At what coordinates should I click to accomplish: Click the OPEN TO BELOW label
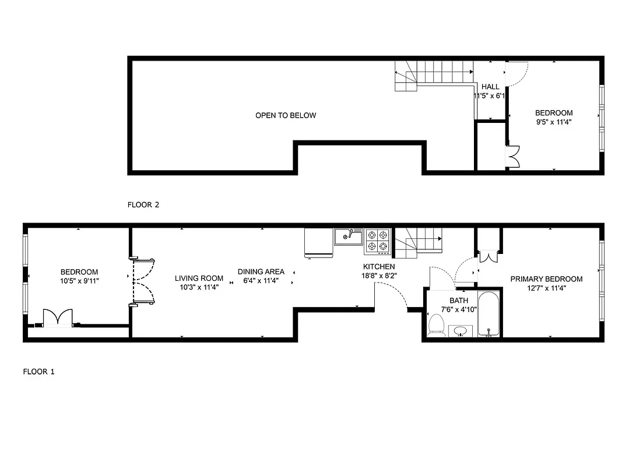point(286,115)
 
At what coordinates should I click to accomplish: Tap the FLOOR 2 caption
point(143,204)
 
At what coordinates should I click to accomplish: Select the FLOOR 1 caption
point(38,371)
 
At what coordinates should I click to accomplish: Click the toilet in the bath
point(435,325)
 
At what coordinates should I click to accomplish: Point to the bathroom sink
point(461,331)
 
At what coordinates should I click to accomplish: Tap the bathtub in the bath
point(488,315)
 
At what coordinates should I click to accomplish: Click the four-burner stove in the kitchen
point(377,241)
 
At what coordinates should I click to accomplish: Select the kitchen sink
point(349,236)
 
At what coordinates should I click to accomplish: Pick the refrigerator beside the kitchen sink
point(318,242)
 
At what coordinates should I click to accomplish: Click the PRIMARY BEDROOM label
point(546,279)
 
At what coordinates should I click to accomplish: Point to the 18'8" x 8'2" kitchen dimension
point(379,276)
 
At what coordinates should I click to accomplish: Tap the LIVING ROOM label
point(199,278)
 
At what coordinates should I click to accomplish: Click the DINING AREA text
point(261,271)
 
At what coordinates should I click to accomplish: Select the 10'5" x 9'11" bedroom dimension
point(79,281)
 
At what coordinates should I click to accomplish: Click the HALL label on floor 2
point(490,87)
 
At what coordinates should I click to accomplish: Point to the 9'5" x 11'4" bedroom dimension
point(554,122)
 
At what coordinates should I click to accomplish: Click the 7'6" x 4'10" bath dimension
point(459,309)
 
